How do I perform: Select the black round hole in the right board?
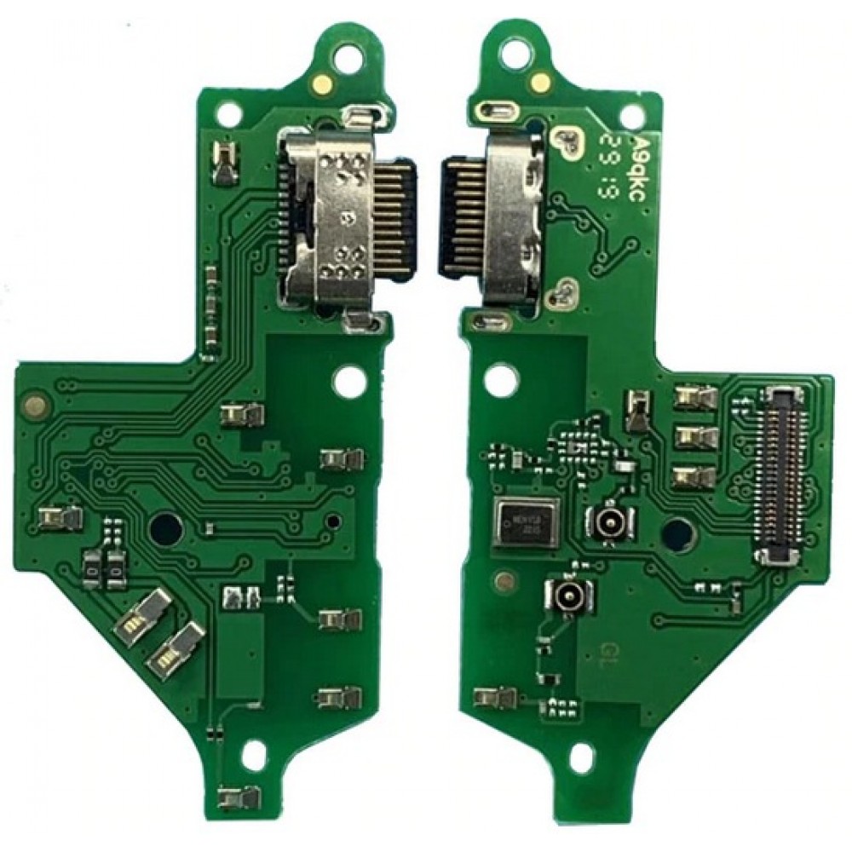point(676,533)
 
